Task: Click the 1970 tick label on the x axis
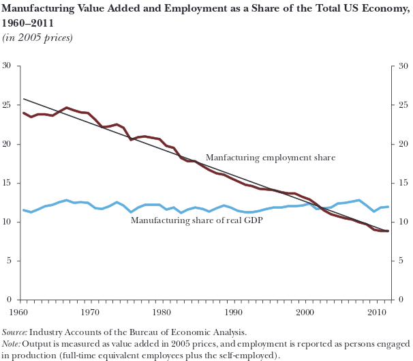(x=89, y=313)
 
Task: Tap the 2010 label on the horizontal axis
(x=373, y=313)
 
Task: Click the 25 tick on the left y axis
(x=7, y=105)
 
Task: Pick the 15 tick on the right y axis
(x=403, y=183)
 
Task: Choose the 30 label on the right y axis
(x=403, y=66)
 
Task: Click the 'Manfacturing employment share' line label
(x=270, y=158)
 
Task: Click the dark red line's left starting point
(x=24, y=113)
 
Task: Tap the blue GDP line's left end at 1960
(x=24, y=210)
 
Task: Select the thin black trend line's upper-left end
(x=24, y=99)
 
